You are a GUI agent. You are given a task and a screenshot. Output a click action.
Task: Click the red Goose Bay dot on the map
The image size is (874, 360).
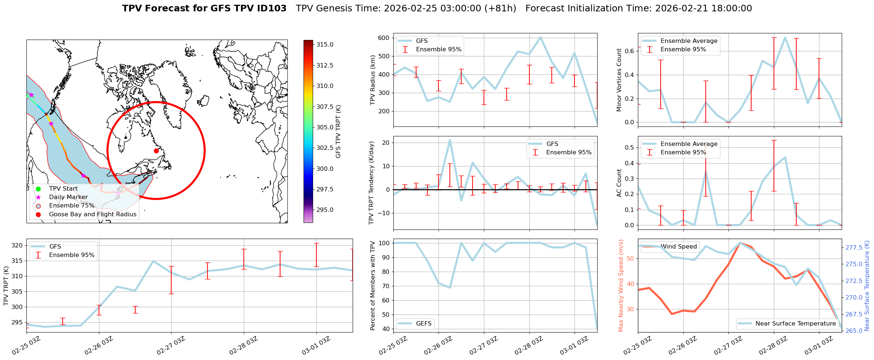pyautogui.click(x=156, y=151)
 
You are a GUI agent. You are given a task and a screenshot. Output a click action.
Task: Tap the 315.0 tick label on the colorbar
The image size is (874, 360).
pyautogui.click(x=325, y=44)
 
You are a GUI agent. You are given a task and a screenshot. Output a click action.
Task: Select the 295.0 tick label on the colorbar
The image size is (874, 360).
pyautogui.click(x=325, y=210)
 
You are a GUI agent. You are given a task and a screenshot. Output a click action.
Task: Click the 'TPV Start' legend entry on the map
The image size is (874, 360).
pyautogui.click(x=63, y=188)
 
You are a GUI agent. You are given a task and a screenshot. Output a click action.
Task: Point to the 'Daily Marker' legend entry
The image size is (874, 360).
pyautogui.click(x=68, y=197)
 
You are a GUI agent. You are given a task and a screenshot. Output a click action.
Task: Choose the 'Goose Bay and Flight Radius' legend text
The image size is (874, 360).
pyautogui.click(x=92, y=214)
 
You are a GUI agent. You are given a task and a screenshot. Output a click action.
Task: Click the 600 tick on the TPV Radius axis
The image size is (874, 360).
pyautogui.click(x=383, y=38)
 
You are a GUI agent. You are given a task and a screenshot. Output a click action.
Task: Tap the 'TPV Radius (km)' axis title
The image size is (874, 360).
pyautogui.click(x=373, y=80)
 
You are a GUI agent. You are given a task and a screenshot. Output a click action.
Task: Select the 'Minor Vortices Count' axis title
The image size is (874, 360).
pyautogui.click(x=619, y=80)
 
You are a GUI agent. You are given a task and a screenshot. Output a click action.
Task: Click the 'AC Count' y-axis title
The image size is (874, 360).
pyautogui.click(x=619, y=183)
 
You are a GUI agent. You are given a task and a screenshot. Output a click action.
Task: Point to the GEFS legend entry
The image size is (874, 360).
pyautogui.click(x=423, y=323)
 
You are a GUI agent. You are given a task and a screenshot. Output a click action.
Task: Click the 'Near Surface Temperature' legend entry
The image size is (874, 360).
pyautogui.click(x=796, y=323)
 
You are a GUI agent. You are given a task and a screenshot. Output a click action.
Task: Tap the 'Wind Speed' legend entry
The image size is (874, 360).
pyautogui.click(x=678, y=246)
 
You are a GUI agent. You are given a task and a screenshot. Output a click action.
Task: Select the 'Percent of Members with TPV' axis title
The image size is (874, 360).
pyautogui.click(x=373, y=286)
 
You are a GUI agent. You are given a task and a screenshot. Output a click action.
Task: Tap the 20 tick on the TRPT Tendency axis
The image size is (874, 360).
pyautogui.click(x=386, y=143)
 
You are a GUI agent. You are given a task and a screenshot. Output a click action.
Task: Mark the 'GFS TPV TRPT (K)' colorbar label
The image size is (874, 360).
pyautogui.click(x=338, y=131)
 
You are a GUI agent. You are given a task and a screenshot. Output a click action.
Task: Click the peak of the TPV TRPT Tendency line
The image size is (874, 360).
pyautogui.click(x=450, y=140)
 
